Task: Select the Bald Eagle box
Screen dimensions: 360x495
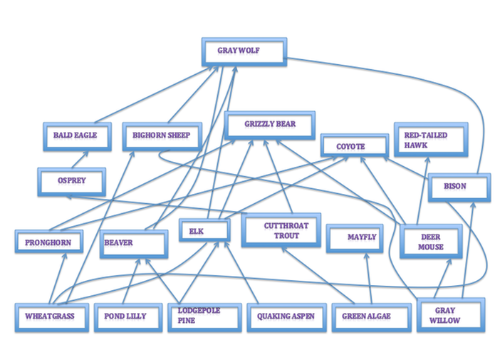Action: point(75,135)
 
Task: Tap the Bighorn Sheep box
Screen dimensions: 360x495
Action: point(162,135)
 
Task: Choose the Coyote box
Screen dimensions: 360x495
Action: point(351,147)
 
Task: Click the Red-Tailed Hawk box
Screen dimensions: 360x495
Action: point(431,139)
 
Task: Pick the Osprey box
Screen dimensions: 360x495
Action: point(71,182)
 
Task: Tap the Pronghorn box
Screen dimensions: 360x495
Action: point(48,243)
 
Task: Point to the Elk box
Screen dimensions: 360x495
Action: point(204,231)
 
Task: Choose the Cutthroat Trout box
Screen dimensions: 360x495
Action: point(281,231)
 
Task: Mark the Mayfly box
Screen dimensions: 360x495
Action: point(362,237)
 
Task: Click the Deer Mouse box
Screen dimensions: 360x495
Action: point(431,242)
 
